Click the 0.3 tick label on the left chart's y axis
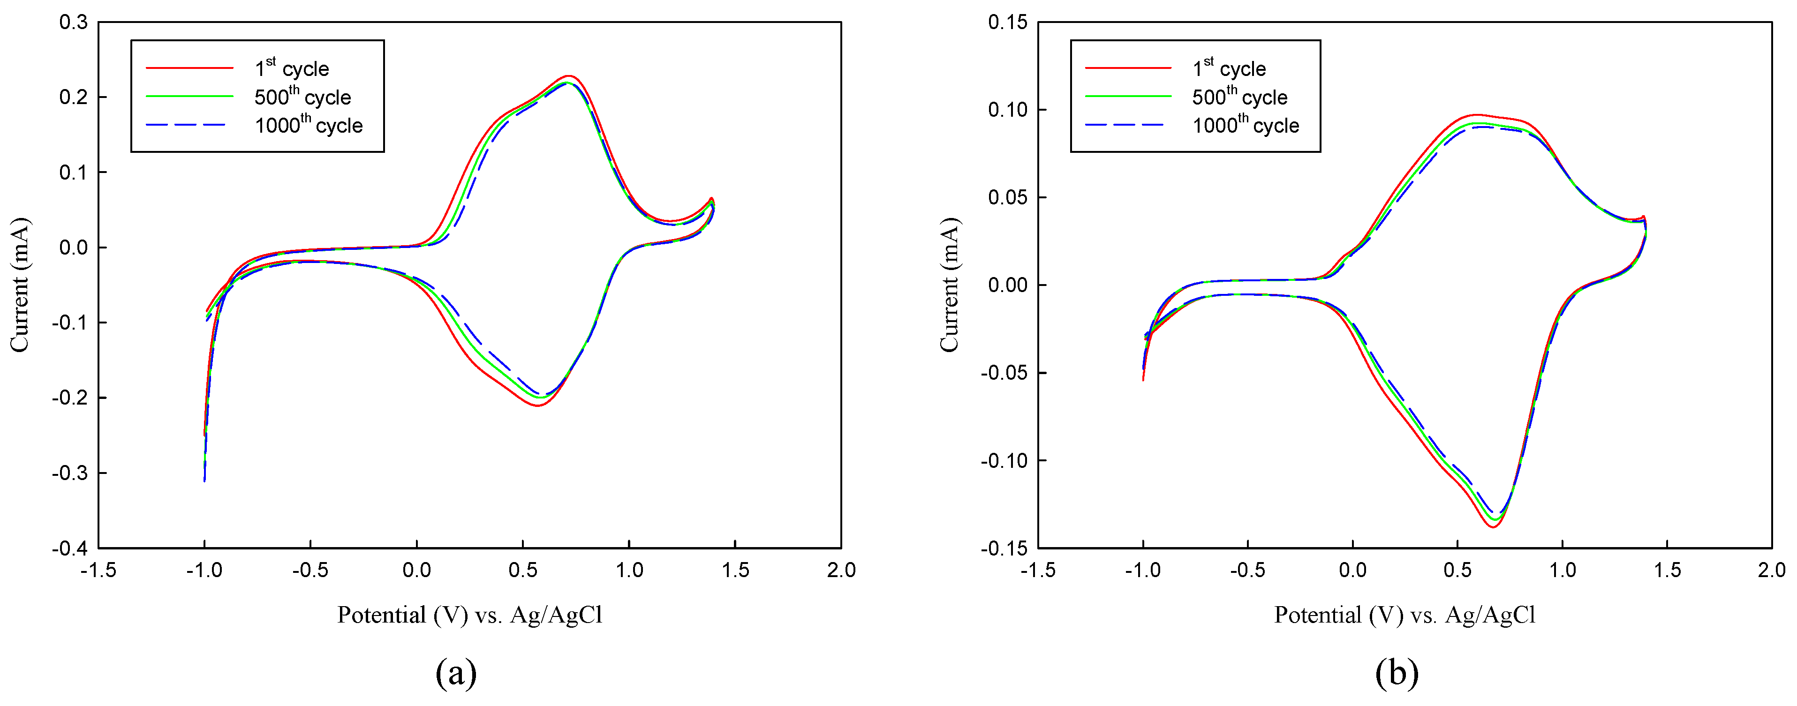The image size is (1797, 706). (73, 23)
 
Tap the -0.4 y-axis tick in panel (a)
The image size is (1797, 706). (70, 548)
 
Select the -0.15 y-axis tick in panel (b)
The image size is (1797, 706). (1004, 548)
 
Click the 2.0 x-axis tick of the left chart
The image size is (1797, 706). (841, 571)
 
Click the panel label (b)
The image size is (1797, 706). (1397, 673)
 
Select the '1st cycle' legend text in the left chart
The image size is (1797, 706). (292, 68)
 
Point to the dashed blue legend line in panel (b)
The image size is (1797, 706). (1128, 125)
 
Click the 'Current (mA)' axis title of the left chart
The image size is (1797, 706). (20, 285)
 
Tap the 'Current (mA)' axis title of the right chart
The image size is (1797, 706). (950, 285)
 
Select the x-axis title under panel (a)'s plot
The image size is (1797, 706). (469, 615)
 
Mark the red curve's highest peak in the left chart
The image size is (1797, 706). (569, 75)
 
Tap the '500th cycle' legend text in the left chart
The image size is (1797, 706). (302, 97)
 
